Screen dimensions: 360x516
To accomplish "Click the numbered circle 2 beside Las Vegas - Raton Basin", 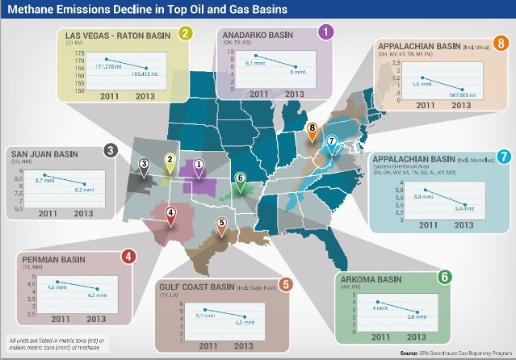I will pyautogui.click(x=185, y=34).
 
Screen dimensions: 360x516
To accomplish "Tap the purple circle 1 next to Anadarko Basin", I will pyautogui.click(x=325, y=31).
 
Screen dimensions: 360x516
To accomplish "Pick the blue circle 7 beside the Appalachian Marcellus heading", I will pyautogui.click(x=501, y=157).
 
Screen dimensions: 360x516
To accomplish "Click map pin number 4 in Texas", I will pyautogui.click(x=170, y=215).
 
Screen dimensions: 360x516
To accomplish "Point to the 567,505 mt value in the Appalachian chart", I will pyautogui.click(x=466, y=93).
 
